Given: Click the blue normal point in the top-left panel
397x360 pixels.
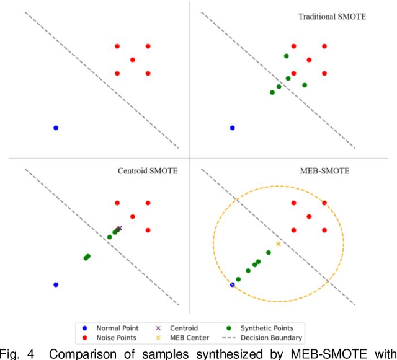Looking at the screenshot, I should (56, 128).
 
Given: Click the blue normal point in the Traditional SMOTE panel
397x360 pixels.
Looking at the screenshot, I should (233, 128).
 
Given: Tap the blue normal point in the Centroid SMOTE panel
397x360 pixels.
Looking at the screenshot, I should (56, 284).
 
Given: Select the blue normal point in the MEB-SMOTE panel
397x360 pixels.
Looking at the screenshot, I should (233, 284).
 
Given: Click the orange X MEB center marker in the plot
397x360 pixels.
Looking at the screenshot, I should (278, 244).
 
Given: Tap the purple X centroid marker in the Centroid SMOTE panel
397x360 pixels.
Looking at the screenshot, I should (119, 229).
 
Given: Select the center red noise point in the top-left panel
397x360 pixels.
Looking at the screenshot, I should (133, 59).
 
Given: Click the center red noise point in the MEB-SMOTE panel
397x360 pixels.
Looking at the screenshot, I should (309, 216).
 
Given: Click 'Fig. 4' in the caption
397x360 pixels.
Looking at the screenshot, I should (14, 354).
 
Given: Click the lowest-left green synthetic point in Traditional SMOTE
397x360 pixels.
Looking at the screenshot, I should (272, 92).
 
